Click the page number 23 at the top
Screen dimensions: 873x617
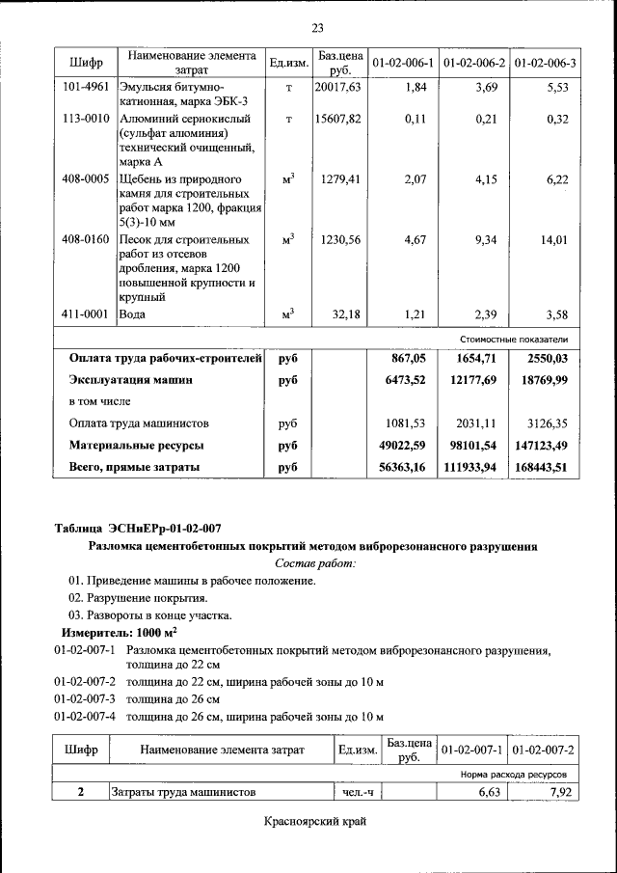click(x=317, y=26)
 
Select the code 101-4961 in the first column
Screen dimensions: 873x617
click(x=84, y=88)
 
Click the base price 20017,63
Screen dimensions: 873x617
click(x=337, y=88)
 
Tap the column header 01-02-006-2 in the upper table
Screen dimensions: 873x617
click(x=474, y=64)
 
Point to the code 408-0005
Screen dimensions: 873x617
click(x=84, y=179)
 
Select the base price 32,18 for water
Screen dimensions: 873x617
click(x=345, y=314)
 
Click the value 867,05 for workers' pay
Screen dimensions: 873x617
click(x=406, y=358)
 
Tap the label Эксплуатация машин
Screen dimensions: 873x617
click(x=131, y=380)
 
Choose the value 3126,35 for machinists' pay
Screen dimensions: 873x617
click(x=547, y=423)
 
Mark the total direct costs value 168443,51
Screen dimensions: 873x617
click(x=539, y=467)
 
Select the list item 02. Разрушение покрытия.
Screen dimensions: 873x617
click(x=138, y=598)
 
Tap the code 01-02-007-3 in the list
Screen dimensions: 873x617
click(x=85, y=698)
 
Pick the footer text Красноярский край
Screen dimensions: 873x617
click(x=315, y=822)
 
